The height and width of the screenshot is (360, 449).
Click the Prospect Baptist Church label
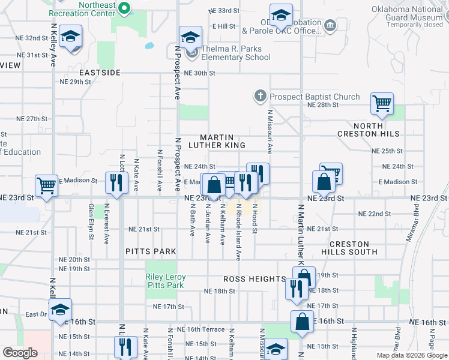315,97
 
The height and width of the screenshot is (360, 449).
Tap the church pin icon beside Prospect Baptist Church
260,95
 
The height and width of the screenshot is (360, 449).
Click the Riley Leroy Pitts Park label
166,281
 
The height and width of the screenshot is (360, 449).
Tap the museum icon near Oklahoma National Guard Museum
330,26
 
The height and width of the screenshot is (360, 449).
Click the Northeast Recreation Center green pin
124,8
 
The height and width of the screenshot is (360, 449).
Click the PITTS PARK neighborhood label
151,251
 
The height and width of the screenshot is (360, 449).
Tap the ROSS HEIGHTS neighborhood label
255,279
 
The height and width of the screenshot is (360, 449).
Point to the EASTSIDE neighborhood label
100,73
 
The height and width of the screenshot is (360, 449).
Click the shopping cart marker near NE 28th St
382,104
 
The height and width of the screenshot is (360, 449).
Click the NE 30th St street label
200,73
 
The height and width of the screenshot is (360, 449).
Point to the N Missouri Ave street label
270,130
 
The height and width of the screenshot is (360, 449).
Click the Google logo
20,353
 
